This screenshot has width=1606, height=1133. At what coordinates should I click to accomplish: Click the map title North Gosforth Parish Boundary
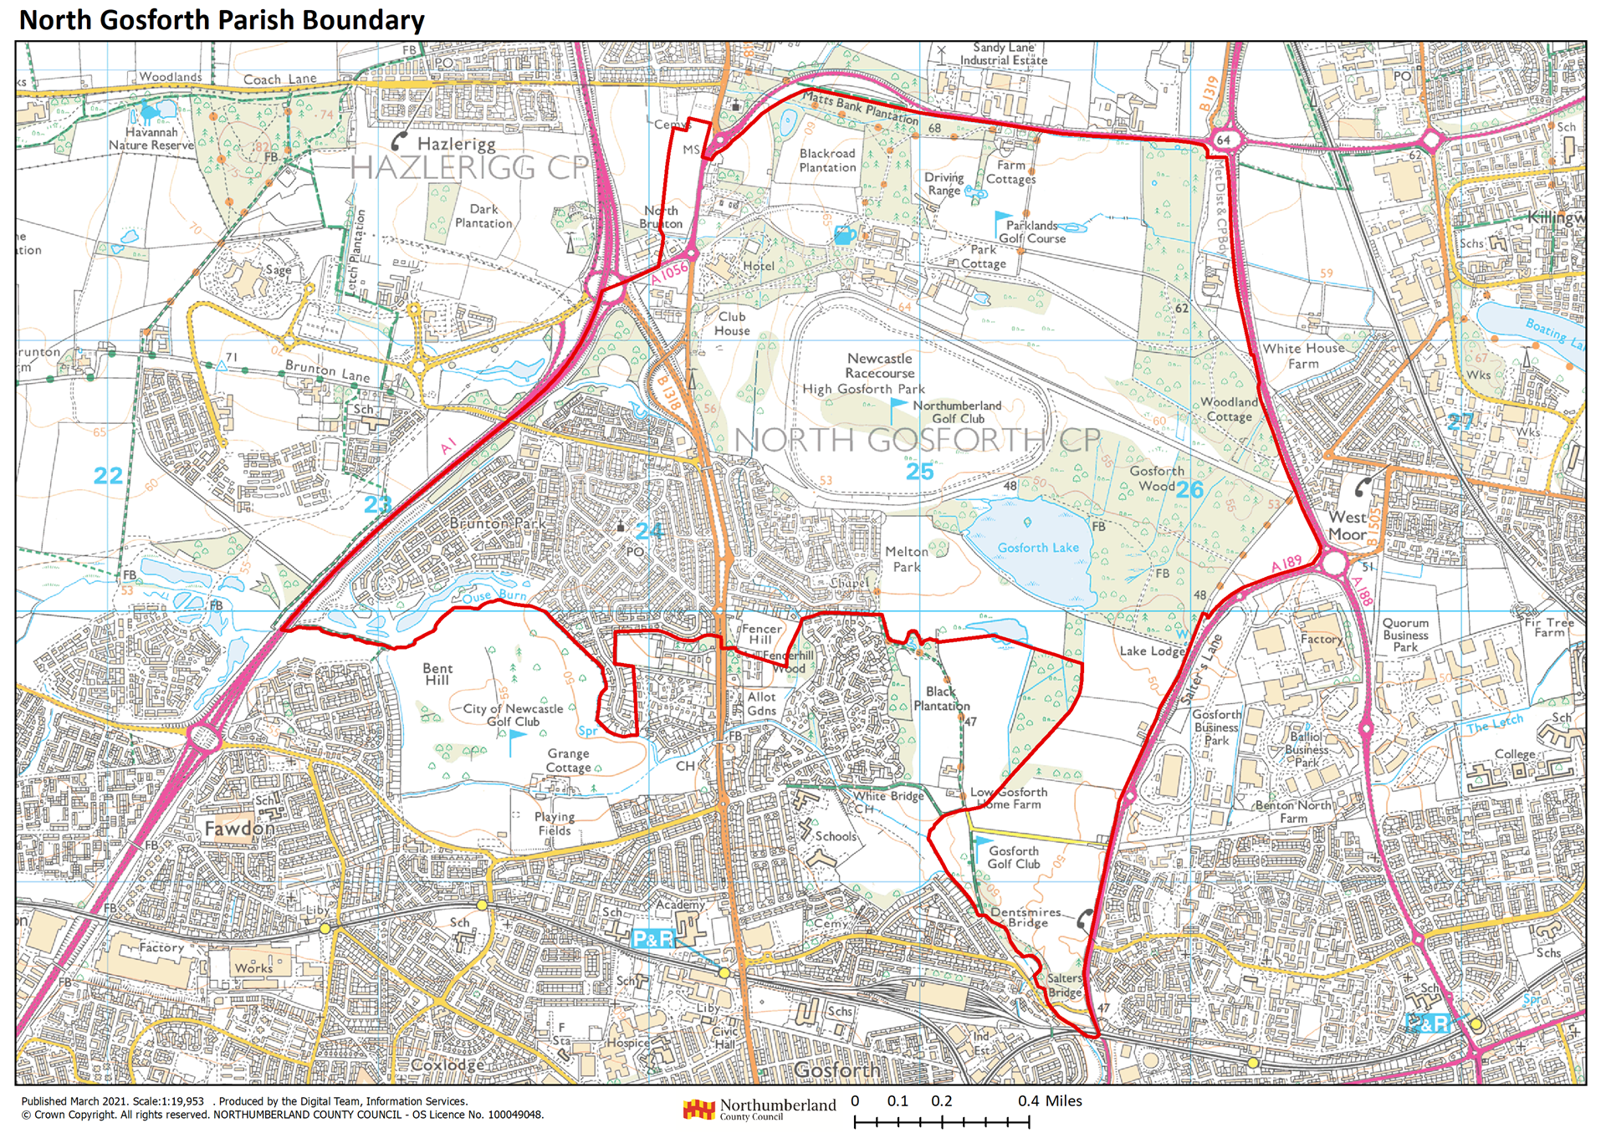(222, 20)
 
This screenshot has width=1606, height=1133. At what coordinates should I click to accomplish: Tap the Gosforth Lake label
(1038, 548)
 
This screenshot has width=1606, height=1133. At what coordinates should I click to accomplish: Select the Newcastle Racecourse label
(879, 365)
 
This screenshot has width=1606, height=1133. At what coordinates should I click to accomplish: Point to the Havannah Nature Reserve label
(151, 139)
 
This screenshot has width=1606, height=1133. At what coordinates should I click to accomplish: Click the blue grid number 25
(919, 472)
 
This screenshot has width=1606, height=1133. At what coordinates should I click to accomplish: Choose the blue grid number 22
(108, 476)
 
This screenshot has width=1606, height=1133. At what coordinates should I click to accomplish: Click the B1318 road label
(668, 392)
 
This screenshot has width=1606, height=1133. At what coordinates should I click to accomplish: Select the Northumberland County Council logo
(759, 1109)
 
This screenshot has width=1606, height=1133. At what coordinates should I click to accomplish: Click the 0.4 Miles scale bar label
(1050, 1101)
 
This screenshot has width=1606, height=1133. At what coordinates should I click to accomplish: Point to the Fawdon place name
(239, 829)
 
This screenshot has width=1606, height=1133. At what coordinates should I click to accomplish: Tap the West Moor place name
(1347, 525)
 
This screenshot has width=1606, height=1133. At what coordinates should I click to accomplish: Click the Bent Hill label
(437, 674)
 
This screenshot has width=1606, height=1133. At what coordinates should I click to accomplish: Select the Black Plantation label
(942, 698)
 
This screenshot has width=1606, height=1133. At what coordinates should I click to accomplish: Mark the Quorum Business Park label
(1405, 635)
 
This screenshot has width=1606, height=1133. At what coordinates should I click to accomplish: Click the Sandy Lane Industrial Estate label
(1003, 54)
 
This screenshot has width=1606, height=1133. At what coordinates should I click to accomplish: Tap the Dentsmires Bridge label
(1026, 917)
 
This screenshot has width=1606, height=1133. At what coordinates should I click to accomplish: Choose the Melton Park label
(906, 559)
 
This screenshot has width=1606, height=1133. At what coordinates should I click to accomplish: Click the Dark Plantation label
(483, 216)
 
